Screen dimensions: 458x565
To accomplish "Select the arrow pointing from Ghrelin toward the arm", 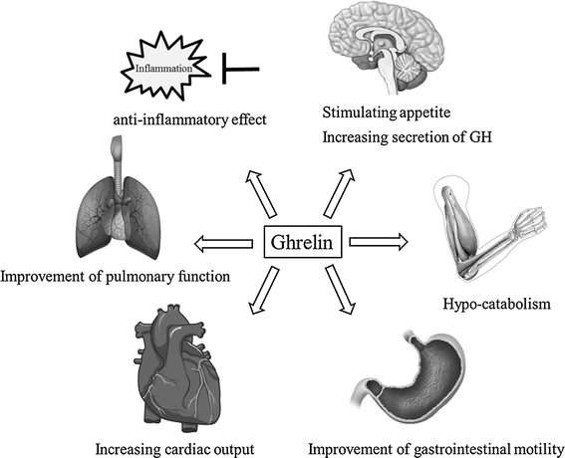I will click(x=379, y=241).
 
